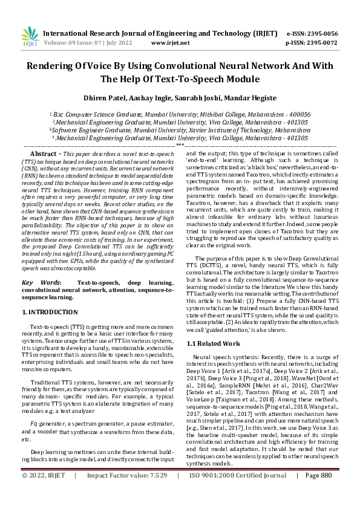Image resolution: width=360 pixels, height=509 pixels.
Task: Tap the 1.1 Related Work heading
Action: pyautogui.click(x=213, y=343)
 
